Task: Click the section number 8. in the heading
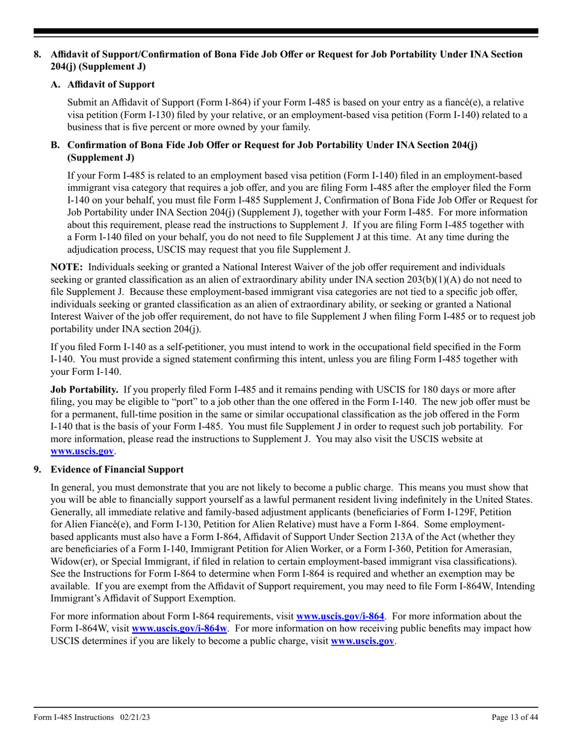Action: tap(38, 54)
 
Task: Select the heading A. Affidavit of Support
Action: tap(103, 84)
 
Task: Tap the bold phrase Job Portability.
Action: tap(84, 389)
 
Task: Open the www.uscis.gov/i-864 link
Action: tap(340, 616)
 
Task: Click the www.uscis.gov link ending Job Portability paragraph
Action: tap(82, 451)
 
